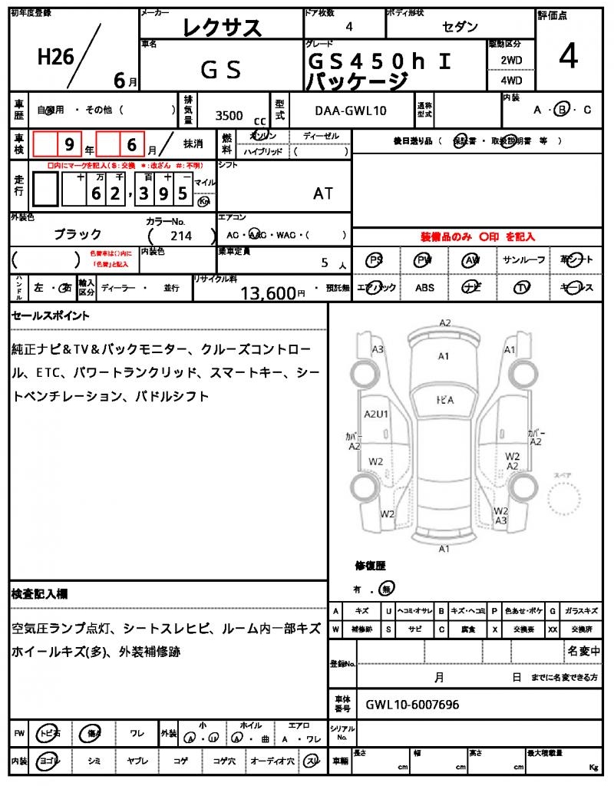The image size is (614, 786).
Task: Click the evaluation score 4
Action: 568,58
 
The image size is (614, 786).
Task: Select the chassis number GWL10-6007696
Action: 412,704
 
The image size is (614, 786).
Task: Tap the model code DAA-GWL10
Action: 351,111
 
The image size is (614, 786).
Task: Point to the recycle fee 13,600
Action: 268,292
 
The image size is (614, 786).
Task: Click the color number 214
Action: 182,236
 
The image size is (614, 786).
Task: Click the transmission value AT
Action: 323,193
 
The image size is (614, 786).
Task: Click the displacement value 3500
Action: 229,115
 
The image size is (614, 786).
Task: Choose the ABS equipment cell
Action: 424,288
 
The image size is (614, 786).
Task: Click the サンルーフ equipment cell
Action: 524,260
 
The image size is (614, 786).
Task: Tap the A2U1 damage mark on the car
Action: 377,414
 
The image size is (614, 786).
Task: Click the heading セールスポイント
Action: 51,315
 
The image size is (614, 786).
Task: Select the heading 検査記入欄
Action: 40,593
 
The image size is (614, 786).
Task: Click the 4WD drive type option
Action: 511,80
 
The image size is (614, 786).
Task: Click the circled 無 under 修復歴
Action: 388,589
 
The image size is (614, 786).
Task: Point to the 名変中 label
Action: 583,652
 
